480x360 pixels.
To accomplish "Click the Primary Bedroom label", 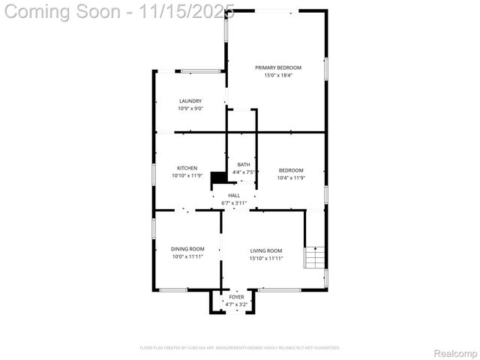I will (x=277, y=67).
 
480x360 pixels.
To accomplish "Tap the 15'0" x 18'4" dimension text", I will (x=277, y=75).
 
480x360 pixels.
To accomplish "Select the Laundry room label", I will (x=190, y=101).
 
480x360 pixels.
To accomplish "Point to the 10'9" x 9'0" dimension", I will (x=190, y=109).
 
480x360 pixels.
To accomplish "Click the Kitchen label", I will (x=187, y=168).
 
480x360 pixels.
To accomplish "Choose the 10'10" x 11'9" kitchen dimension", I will (x=187, y=175).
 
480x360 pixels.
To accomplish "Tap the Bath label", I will (x=244, y=165).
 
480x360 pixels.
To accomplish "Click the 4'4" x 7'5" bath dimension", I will (x=244, y=172).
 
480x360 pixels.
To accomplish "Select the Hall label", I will (x=234, y=195).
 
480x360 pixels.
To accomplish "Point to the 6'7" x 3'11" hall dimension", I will (x=234, y=202).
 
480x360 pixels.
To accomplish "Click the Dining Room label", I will (x=187, y=249).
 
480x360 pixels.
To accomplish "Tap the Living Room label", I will (x=266, y=250).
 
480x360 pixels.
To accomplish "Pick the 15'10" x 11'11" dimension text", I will (x=266, y=258).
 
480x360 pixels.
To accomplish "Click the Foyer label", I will (x=237, y=297).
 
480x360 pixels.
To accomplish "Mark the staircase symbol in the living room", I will (x=315, y=258).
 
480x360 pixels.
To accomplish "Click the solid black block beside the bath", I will (x=219, y=177).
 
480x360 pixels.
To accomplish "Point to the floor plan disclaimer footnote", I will (x=240, y=348).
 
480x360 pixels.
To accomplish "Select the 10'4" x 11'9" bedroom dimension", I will (x=291, y=178).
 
